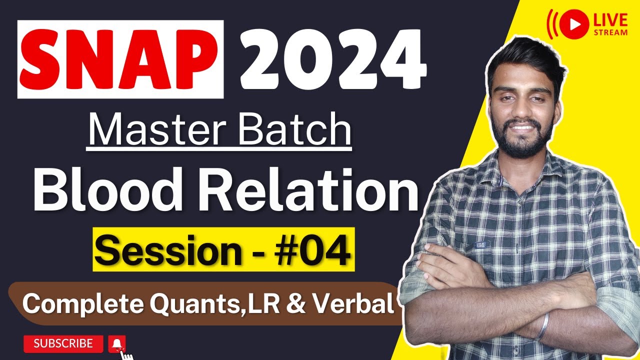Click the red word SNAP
point(120,59)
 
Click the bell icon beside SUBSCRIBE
point(117,343)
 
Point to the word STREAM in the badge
point(610,32)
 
